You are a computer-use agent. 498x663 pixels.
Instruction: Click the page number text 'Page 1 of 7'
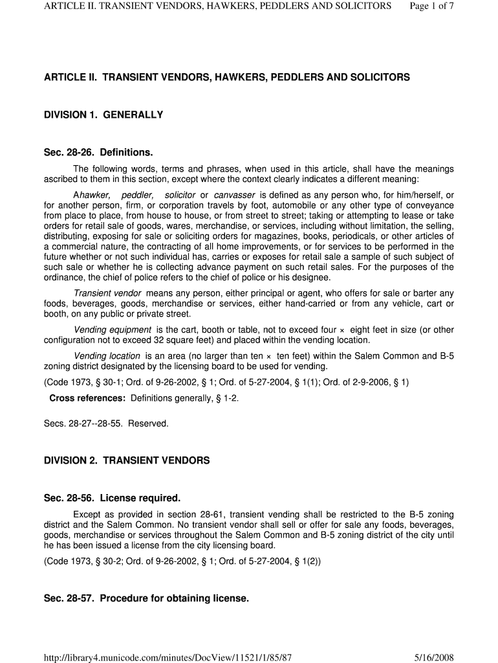(432, 6)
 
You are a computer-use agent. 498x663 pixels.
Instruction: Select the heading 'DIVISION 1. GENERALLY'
(103, 115)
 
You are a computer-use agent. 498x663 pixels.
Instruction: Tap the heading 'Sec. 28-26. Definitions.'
(98, 153)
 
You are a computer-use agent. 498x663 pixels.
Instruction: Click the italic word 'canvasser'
(235, 195)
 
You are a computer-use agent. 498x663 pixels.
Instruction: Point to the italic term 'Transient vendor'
(107, 293)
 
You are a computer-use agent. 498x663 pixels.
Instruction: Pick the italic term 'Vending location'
(107, 355)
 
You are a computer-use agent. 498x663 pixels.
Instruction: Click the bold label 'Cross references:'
(87, 398)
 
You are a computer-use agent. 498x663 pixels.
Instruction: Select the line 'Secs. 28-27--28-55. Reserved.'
(106, 423)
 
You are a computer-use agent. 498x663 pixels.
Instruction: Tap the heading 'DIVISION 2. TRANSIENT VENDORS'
(127, 461)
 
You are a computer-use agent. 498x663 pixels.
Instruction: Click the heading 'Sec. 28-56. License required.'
(112, 499)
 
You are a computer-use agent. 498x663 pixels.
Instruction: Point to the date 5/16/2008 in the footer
(434, 658)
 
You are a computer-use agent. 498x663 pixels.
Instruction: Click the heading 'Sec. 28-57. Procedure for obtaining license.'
(146, 599)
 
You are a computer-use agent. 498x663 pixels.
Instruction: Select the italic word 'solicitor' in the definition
(180, 195)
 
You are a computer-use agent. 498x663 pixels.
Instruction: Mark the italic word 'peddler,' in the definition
(138, 195)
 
